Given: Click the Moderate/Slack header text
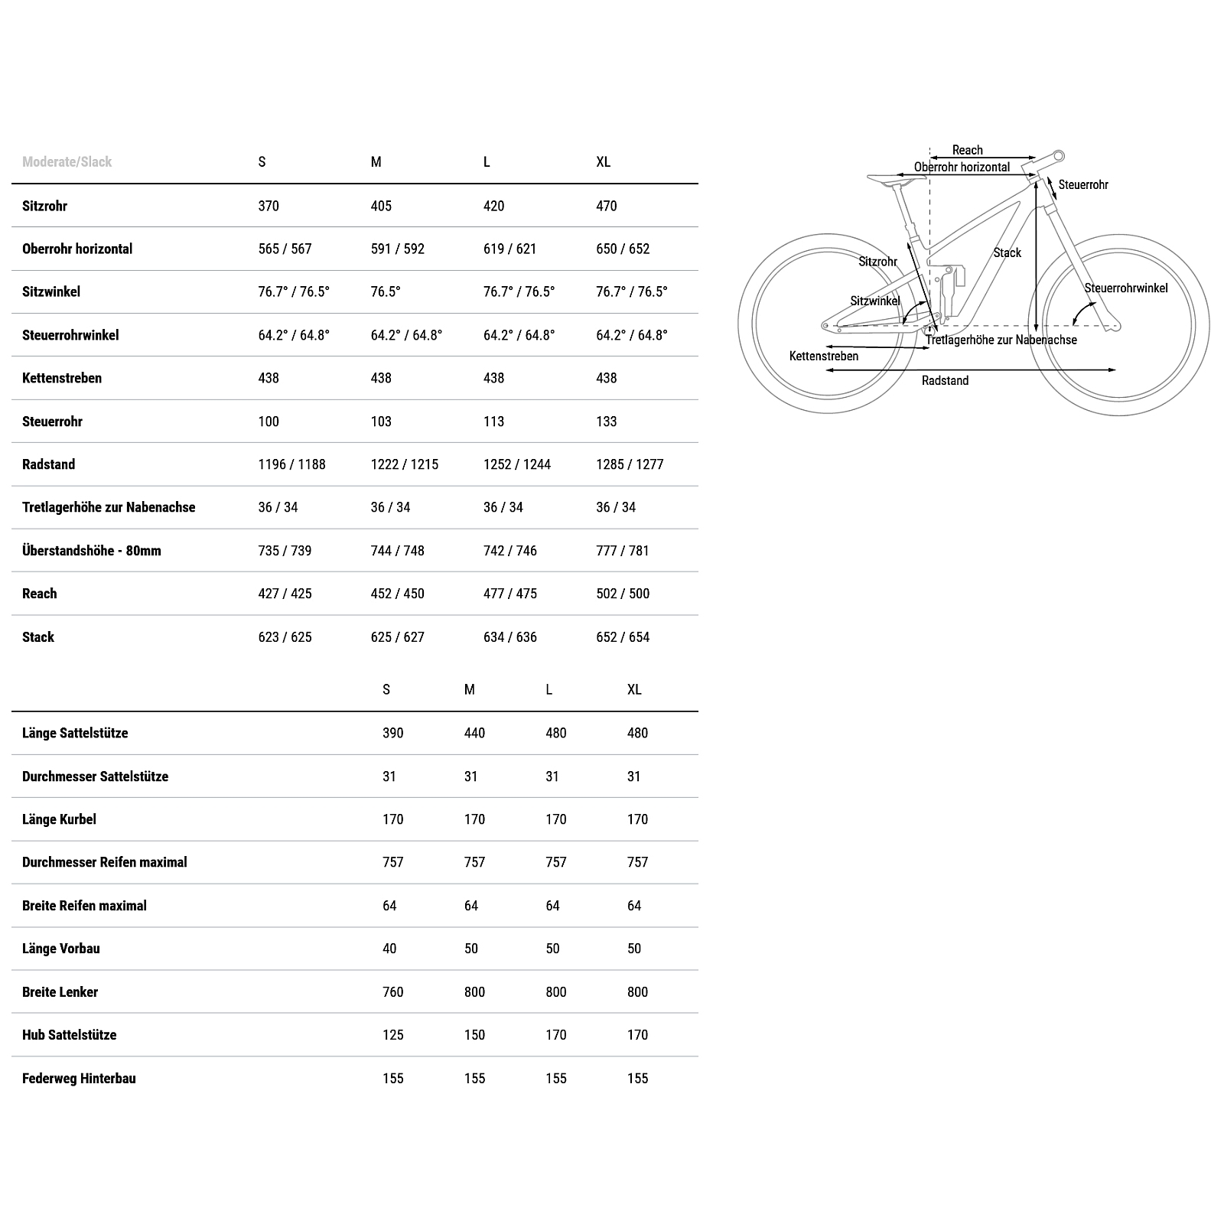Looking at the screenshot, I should pos(67,161).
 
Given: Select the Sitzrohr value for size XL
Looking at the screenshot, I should pos(606,206).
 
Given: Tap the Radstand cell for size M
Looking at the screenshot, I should pos(404,464).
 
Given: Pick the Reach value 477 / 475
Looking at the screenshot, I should pos(509,594).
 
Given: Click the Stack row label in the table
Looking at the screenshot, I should pos(38,637).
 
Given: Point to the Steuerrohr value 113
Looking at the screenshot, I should pos(493,422).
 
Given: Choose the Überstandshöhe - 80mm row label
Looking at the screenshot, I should pos(92,551).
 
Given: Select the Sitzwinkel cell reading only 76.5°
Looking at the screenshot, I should pos(386,291).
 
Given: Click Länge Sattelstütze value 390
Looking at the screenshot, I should pos(392,733).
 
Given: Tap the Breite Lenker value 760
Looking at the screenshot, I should pos(392,992).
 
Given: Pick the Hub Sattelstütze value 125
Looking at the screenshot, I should pos(392,1035).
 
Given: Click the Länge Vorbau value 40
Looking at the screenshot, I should pos(389,949).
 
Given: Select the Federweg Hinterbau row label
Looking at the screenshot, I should pos(79,1079).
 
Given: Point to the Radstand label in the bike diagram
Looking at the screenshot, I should pos(945,381).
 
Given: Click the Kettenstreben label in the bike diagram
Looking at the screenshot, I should pos(824,356).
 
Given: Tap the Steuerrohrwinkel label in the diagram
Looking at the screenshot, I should pos(1125,288).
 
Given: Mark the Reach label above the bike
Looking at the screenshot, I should pos(967,150).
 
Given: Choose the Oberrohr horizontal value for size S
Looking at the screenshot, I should pos(285,249).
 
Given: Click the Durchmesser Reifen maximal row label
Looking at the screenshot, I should pos(105,862).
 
